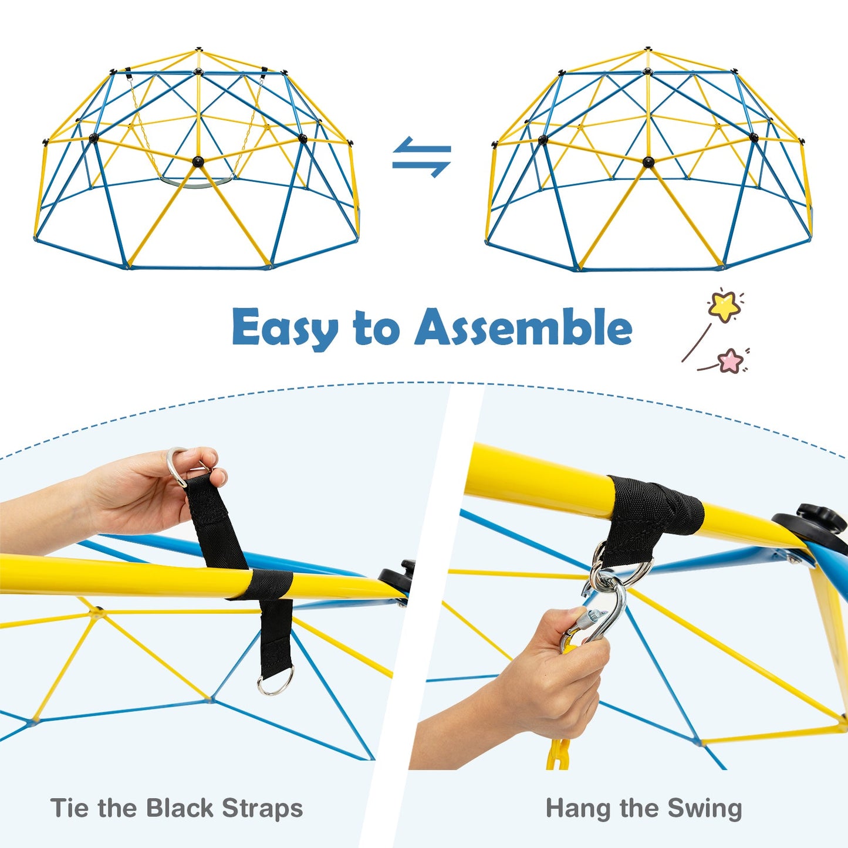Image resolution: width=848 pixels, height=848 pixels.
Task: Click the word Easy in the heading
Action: click(x=285, y=327)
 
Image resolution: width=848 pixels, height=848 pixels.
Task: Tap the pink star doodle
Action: click(x=731, y=360)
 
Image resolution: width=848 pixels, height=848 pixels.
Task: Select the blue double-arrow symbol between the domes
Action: click(x=421, y=158)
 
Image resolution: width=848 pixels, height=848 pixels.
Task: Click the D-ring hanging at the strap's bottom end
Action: click(x=275, y=684)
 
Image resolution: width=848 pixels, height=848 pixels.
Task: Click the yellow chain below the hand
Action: click(x=558, y=754)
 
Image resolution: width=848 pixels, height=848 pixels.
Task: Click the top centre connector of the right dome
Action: click(x=647, y=49)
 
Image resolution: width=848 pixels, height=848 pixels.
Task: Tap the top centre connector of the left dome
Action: click(x=199, y=49)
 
